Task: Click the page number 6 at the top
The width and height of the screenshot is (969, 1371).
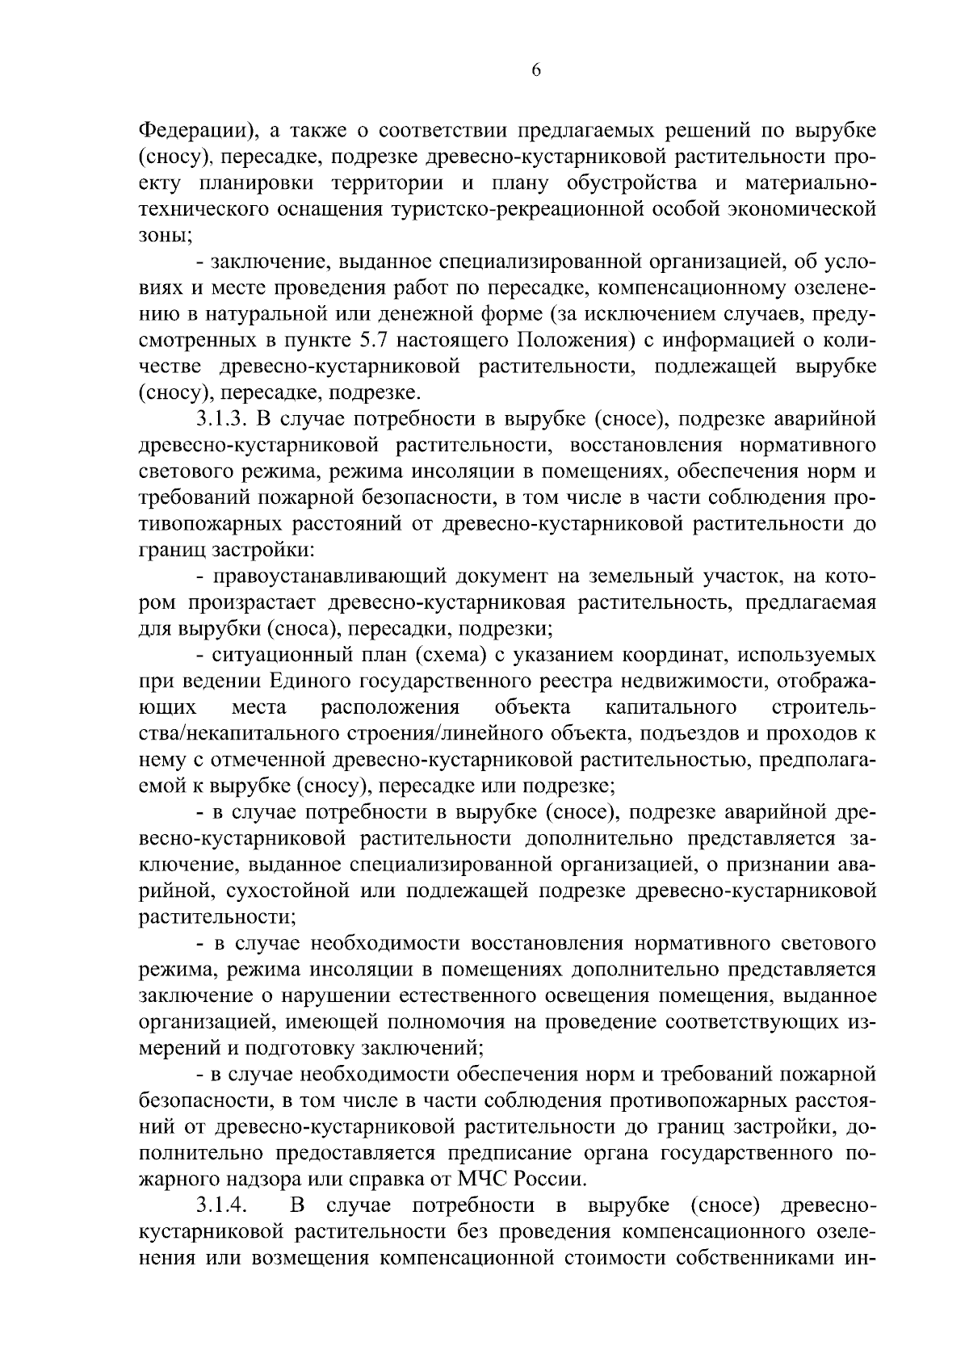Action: point(536,70)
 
